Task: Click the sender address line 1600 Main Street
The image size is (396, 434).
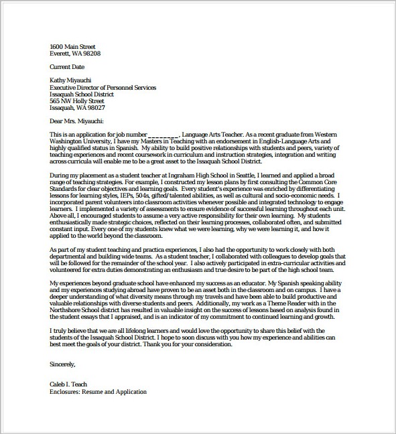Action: click(72, 46)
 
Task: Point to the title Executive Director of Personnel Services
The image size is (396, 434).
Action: click(103, 87)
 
